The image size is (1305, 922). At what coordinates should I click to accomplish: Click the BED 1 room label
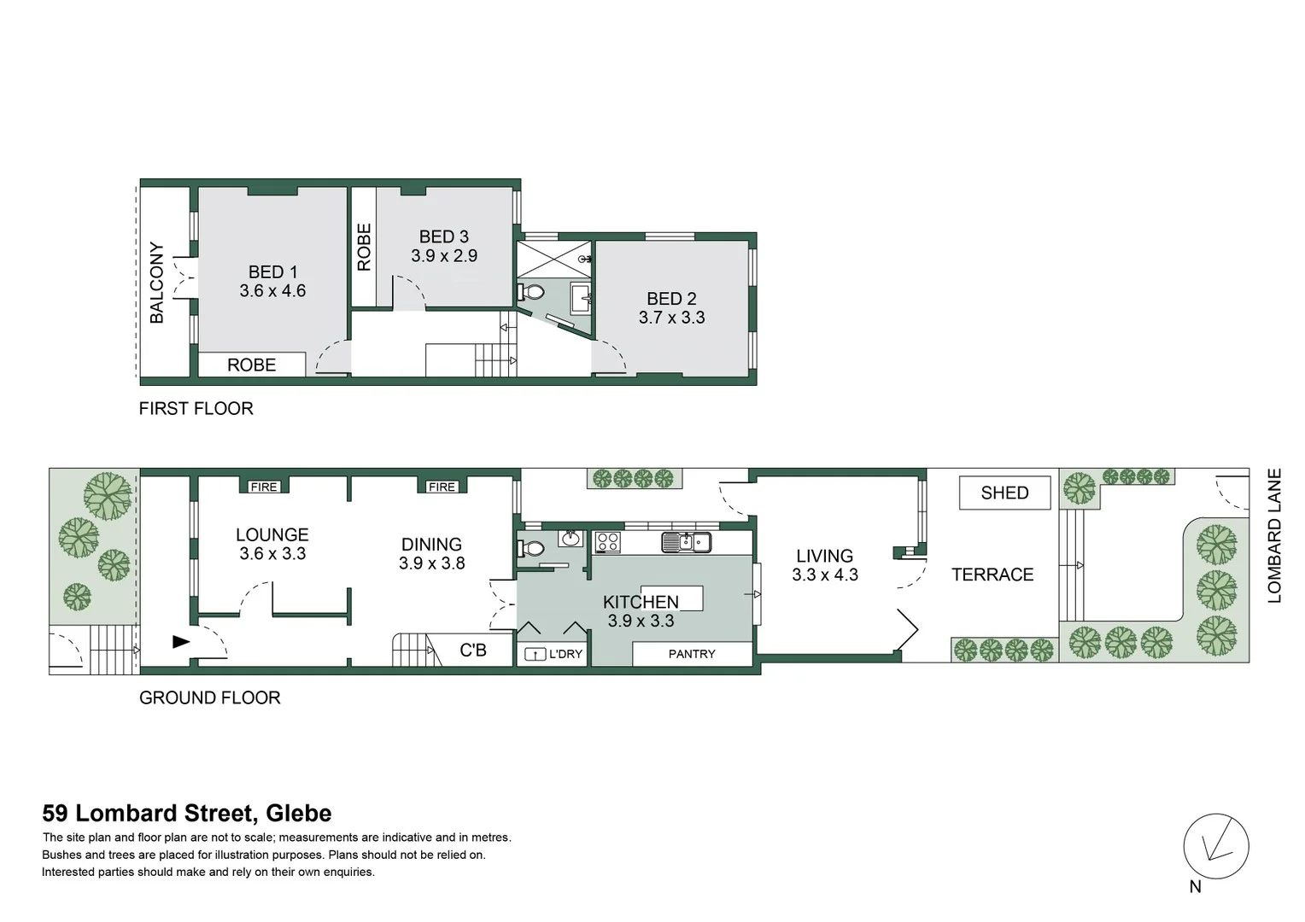point(272,271)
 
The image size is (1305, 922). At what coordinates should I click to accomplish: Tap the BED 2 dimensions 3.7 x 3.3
point(671,318)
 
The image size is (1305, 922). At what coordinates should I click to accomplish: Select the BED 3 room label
point(443,236)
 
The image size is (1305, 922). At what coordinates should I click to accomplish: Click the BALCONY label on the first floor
point(157,283)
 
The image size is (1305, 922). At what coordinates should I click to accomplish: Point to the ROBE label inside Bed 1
point(251,365)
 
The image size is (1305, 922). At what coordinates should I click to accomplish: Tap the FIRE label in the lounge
point(264,487)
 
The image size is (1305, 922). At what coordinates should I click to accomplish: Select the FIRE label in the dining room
point(442,487)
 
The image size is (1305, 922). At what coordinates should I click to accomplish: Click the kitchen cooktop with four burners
point(607,541)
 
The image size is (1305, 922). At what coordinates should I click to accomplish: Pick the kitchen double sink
point(686,541)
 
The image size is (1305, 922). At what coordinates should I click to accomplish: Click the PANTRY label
point(692,654)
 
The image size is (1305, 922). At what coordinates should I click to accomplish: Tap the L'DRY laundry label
point(565,654)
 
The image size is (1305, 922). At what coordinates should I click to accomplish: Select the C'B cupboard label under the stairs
point(473,651)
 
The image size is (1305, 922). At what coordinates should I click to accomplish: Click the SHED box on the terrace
point(1004,493)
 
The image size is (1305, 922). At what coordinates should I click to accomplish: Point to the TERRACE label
point(992,575)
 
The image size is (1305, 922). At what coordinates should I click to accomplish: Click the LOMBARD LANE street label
point(1274,535)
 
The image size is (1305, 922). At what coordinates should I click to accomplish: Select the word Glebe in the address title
point(298,814)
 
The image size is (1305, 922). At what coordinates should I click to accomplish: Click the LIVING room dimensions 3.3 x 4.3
point(824,575)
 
